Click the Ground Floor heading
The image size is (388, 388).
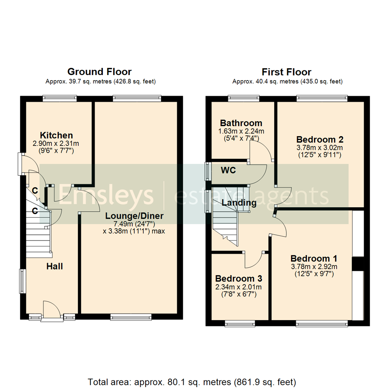point(100,72)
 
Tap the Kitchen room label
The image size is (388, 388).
point(56,135)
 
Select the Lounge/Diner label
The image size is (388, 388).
point(134,216)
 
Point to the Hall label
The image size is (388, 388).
point(55,266)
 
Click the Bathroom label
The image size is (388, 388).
point(241,123)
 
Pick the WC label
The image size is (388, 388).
point(228,170)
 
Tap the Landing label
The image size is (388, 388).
point(239,203)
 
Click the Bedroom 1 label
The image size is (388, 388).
point(314,258)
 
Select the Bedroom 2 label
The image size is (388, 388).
point(320,139)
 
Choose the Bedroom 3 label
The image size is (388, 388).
point(239,278)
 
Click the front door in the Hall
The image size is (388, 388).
point(51,309)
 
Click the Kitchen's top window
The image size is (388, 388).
point(60,97)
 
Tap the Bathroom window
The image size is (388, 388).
point(244,97)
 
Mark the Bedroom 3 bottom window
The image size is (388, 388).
point(240,323)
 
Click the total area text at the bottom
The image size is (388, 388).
point(192,381)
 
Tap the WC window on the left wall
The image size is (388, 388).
point(207,171)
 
